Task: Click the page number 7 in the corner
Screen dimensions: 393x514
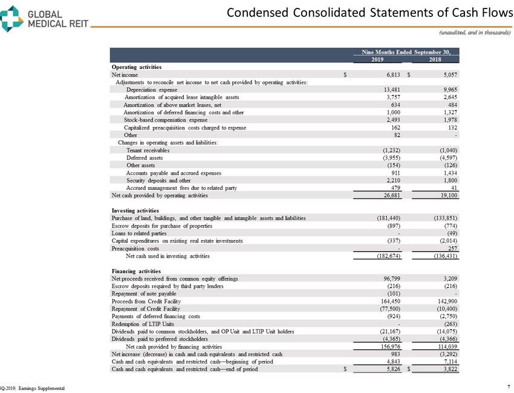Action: (x=503, y=385)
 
